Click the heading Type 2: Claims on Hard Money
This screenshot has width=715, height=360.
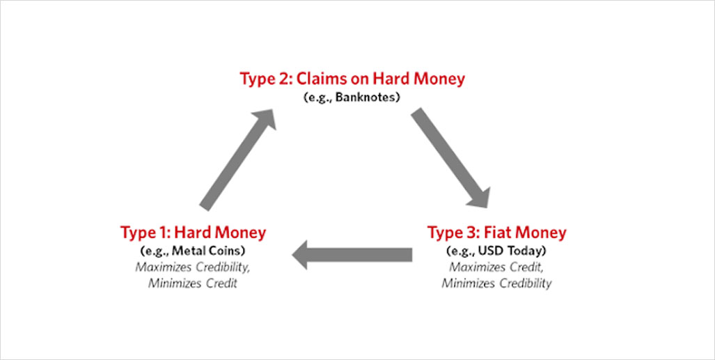coord(352,79)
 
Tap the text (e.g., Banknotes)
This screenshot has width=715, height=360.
coord(352,99)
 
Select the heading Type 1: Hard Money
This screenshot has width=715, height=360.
coord(193,233)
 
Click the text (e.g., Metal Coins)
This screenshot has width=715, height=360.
coord(193,251)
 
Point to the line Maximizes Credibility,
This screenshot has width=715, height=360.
coord(192,267)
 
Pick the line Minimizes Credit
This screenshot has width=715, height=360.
coord(192,283)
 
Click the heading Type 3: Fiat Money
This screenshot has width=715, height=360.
coord(496,233)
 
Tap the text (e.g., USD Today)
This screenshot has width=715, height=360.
coord(496,251)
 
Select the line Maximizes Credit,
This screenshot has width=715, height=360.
coord(496,267)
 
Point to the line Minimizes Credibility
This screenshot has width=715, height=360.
coord(496,283)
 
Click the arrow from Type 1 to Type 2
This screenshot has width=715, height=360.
coord(237,159)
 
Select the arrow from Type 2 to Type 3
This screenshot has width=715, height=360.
coord(450,158)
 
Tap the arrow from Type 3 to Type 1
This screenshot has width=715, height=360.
coord(352,255)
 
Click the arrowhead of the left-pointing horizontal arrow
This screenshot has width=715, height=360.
coord(301,255)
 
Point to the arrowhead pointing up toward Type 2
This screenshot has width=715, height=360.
coord(265,120)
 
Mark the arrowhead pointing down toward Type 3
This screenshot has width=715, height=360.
coord(480,197)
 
